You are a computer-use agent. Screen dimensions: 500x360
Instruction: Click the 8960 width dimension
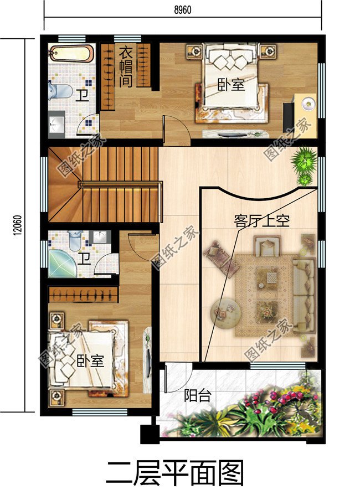181,9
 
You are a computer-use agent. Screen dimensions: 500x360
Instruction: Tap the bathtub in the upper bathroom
70,54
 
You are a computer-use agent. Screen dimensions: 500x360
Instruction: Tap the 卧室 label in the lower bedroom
90,362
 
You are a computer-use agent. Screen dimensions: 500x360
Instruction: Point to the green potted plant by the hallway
303,164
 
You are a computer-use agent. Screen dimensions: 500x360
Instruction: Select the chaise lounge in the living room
220,258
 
